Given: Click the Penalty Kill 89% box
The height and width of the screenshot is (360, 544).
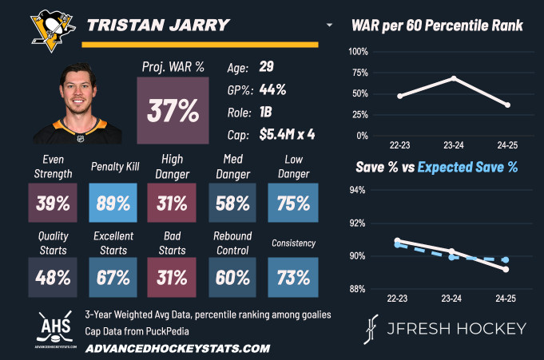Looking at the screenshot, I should [x=113, y=204].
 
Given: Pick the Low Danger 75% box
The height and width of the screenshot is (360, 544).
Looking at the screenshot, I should [x=293, y=204].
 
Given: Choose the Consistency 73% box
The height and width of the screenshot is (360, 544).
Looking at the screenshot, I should [x=293, y=278].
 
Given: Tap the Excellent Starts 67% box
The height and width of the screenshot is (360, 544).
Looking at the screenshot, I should [x=113, y=278].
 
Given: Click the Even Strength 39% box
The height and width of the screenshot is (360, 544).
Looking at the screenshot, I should [x=53, y=204].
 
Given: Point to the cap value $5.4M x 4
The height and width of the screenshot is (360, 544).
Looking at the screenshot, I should [x=287, y=135].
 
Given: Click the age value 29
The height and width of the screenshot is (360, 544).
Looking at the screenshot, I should [x=267, y=67].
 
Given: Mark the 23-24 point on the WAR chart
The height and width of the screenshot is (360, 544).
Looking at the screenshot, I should [x=454, y=78].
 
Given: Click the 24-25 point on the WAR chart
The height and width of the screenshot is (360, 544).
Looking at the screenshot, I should [x=507, y=105].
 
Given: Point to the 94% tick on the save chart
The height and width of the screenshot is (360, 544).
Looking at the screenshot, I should [x=358, y=190].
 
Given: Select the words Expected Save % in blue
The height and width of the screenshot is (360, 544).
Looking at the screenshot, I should [x=467, y=168].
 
